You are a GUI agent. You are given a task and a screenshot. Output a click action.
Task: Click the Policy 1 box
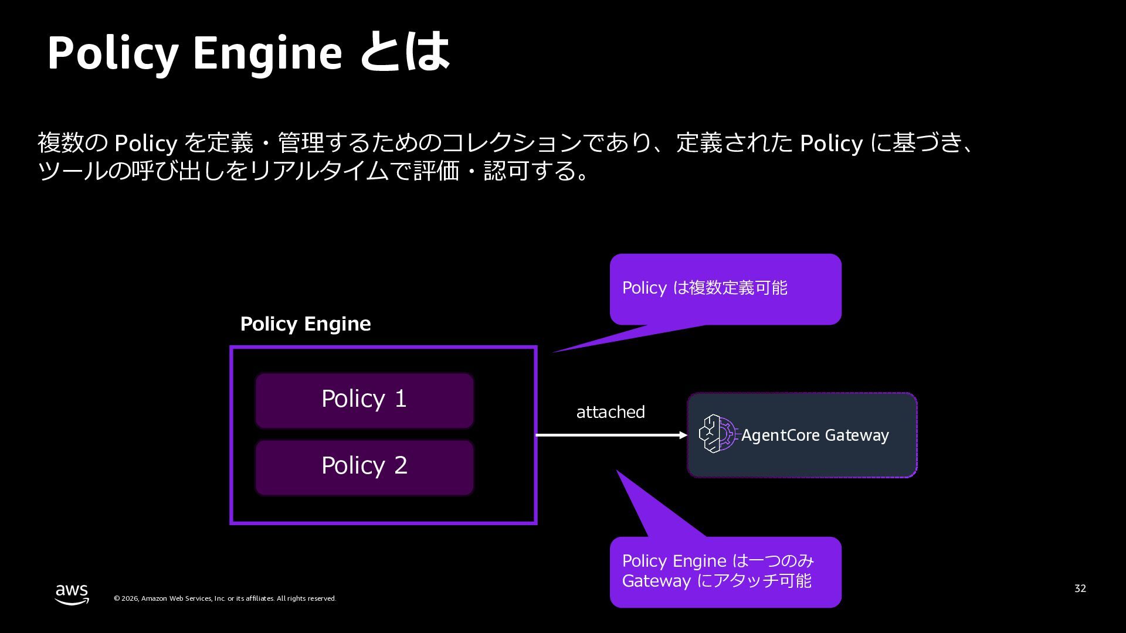point(364,400)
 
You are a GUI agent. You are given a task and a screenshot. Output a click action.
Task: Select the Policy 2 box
point(364,467)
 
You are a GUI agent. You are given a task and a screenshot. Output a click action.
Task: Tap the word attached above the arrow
point(611,412)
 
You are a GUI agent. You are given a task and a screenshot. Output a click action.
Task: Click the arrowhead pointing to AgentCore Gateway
point(683,435)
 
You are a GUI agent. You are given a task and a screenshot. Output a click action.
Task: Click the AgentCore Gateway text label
point(815,435)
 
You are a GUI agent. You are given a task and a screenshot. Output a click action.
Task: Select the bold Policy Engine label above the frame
point(306,324)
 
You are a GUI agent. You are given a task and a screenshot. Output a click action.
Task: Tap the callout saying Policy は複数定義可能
point(725,288)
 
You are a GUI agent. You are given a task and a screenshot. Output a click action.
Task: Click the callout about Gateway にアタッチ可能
point(725,571)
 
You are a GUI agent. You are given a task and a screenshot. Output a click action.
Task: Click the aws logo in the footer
point(72,594)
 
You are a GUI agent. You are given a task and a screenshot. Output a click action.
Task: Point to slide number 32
point(1080,588)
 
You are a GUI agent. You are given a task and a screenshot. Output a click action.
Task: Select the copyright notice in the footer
point(225,598)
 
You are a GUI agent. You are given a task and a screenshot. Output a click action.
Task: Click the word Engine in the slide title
point(267,54)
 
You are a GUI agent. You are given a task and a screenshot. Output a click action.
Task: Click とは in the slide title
point(404,53)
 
